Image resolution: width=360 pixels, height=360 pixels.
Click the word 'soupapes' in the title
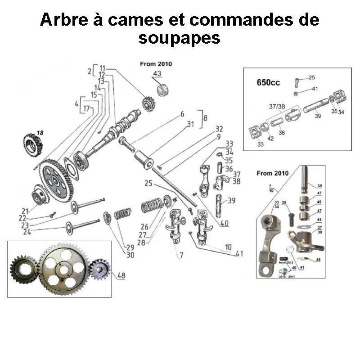[180, 37]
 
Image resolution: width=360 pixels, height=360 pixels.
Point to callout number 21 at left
[25, 211]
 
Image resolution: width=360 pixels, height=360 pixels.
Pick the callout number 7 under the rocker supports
[181, 255]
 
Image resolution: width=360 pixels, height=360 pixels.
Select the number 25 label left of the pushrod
[149, 183]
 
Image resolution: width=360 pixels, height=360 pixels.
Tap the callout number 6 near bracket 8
[182, 114]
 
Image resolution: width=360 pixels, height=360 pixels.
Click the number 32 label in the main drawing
[219, 129]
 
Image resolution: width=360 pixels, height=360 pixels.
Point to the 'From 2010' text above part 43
[156, 64]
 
